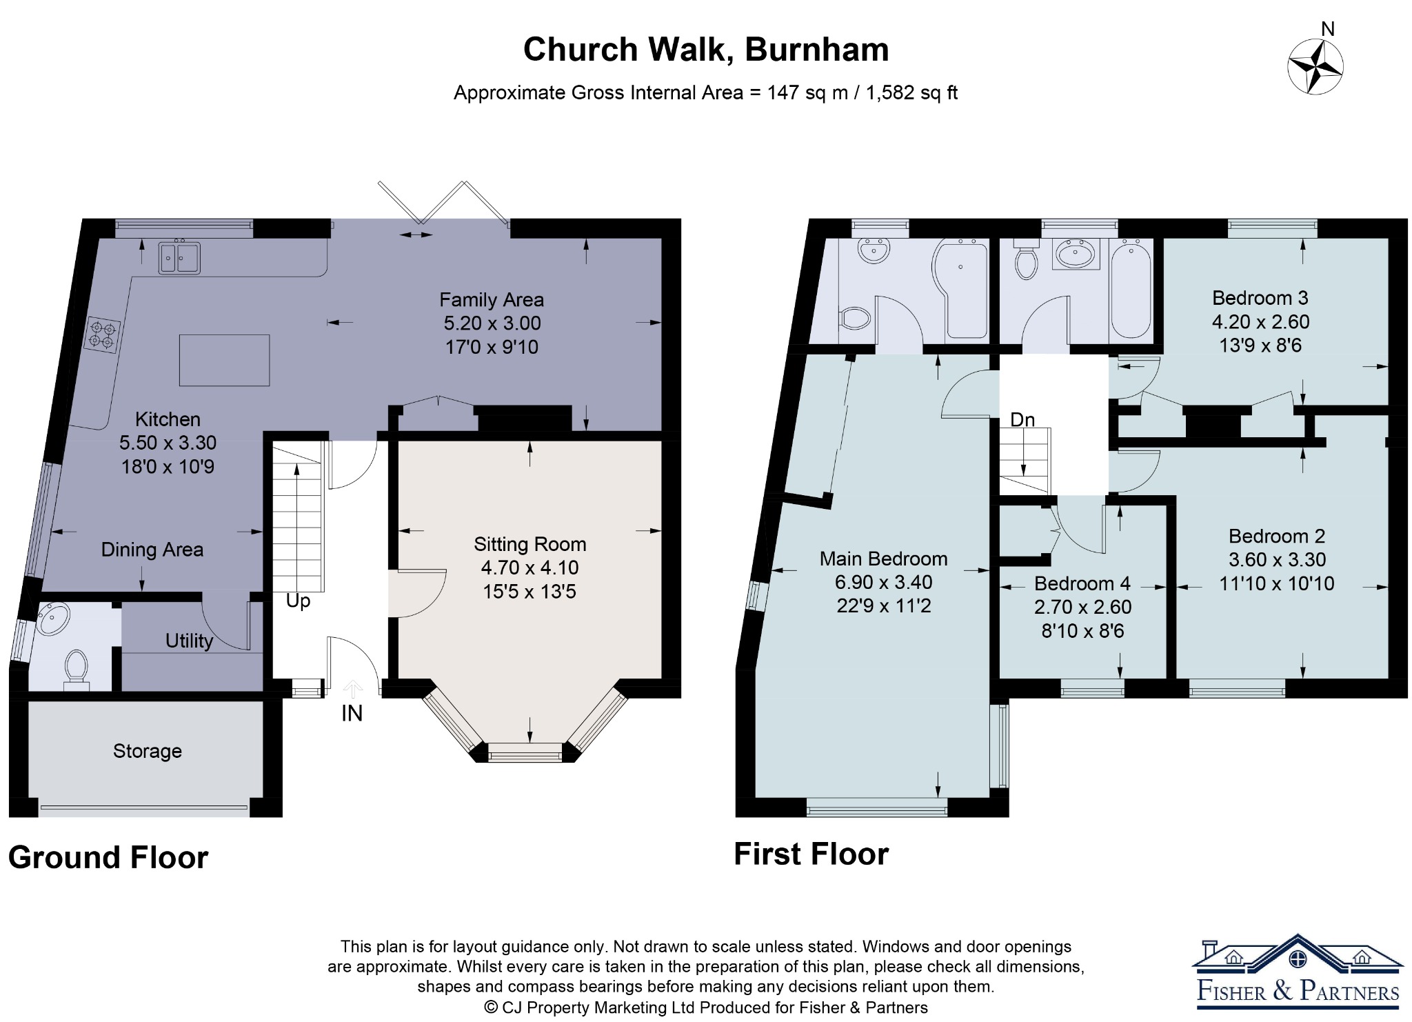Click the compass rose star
[1315, 67]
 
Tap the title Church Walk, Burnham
[706, 50]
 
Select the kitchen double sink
[179, 257]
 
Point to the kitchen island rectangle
[224, 360]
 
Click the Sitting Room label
[530, 544]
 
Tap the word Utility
[189, 641]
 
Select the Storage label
[148, 751]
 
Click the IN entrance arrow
[352, 690]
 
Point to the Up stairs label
[298, 601]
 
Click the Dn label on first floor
[1022, 419]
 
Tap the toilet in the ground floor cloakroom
[76, 669]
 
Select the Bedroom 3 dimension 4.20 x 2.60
[1261, 321]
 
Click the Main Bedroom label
[883, 559]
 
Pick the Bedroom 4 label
[1082, 583]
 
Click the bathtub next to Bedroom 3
[1131, 288]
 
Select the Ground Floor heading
[108, 858]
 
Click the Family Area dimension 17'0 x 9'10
[492, 347]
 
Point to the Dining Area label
[152, 550]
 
